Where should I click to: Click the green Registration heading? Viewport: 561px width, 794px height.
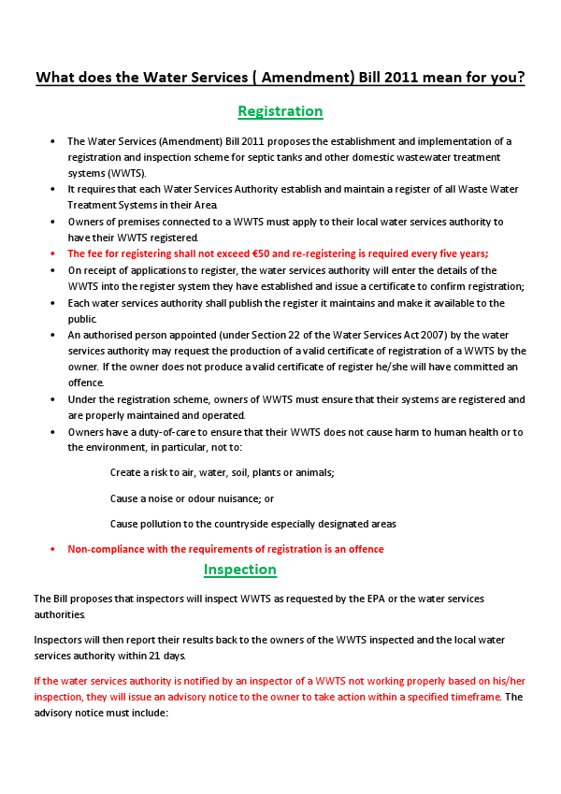click(x=280, y=111)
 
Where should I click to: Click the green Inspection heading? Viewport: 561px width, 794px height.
click(x=240, y=570)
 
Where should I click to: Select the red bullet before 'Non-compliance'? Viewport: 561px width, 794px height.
click(x=52, y=549)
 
